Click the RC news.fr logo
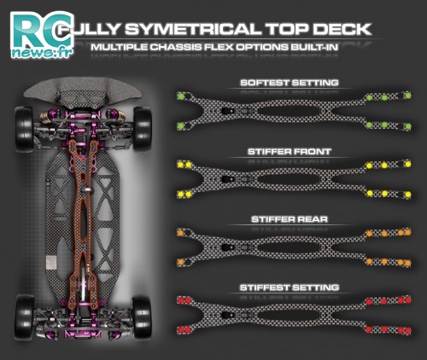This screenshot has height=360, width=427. [42, 35]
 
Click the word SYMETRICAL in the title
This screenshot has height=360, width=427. [193, 29]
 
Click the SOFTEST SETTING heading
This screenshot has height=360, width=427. [290, 83]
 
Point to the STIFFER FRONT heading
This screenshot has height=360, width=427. [290, 152]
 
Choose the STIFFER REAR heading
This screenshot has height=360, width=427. [290, 219]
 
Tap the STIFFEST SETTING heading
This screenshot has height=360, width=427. [290, 287]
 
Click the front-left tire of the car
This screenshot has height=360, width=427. [24, 129]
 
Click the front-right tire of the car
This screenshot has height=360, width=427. [143, 128]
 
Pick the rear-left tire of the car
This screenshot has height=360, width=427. [24, 316]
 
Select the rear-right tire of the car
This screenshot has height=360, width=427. [142, 317]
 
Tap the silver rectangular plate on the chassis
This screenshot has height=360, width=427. [51, 262]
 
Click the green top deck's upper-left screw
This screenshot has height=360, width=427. [180, 96]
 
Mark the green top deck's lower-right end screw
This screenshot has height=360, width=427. [407, 126]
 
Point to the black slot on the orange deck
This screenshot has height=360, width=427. [228, 247]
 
